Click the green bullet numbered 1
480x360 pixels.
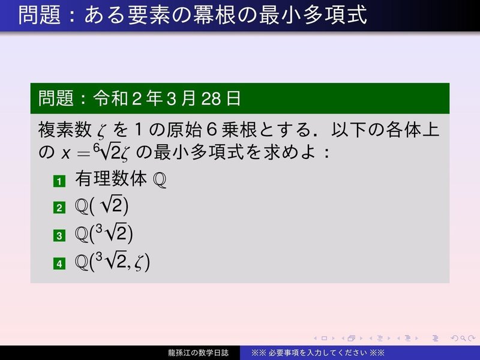(59, 181)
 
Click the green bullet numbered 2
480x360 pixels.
(59, 208)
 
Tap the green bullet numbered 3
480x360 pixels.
(59, 236)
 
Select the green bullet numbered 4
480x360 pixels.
(59, 263)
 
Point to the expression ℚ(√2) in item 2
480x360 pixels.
(102, 207)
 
